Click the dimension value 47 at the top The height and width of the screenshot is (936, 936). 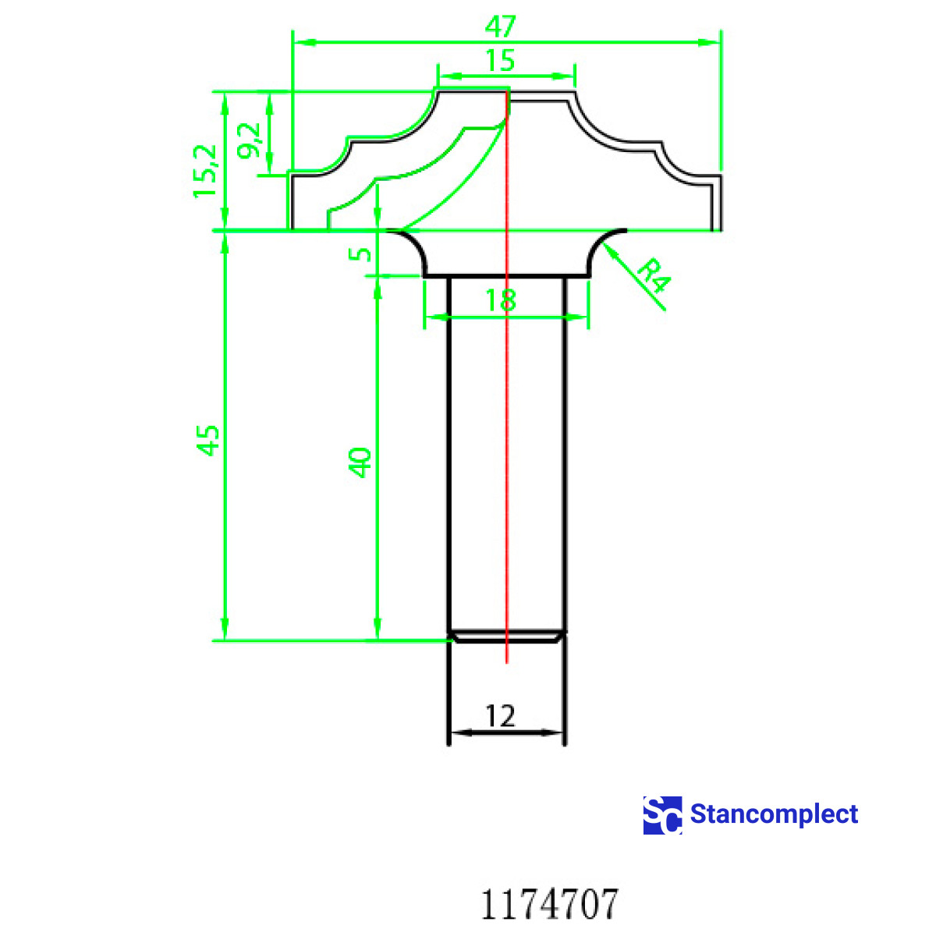tap(501, 27)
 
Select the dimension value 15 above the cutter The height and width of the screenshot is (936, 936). tap(500, 60)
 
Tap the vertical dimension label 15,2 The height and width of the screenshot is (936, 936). tap(206, 171)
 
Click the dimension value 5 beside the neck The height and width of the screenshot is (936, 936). tap(360, 254)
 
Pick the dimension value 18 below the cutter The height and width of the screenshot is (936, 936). tap(500, 300)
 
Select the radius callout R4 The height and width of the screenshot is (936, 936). tap(654, 276)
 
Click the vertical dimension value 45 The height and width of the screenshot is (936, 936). tap(207, 441)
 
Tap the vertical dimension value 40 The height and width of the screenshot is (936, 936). tap(360, 462)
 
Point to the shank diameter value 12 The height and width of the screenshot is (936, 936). tap(500, 715)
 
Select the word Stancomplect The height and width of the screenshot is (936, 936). tap(774, 814)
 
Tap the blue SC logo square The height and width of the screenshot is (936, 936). tap(662, 815)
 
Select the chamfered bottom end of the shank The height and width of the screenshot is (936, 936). tap(507, 636)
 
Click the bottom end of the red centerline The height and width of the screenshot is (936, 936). tap(507, 661)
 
